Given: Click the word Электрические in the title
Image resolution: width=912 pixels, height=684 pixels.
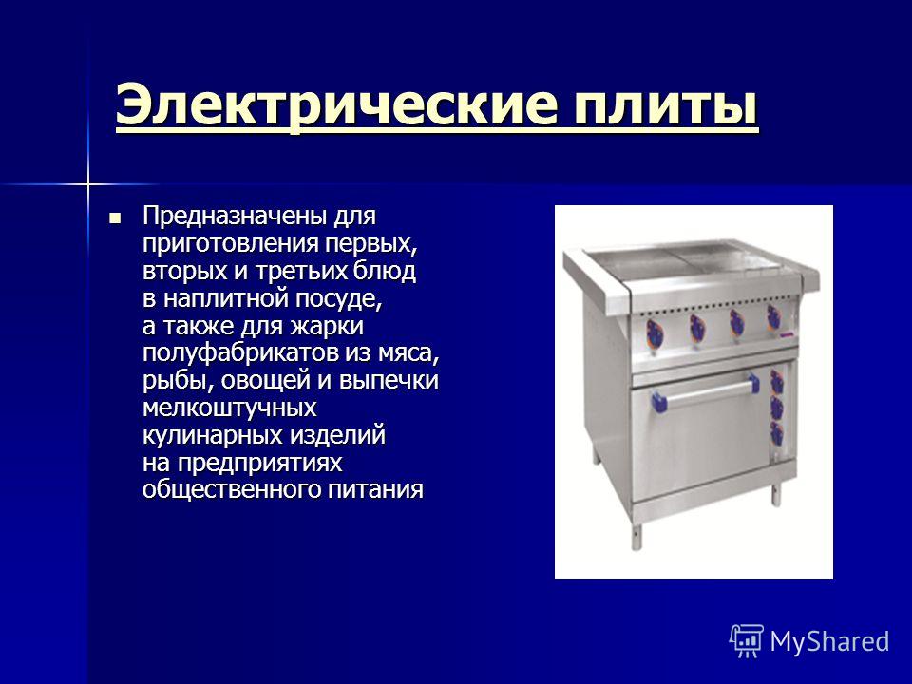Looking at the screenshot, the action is point(336,104).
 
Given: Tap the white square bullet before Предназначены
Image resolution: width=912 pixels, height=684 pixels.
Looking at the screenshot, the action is point(115,218).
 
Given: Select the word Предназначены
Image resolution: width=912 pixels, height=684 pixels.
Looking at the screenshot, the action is point(234,217).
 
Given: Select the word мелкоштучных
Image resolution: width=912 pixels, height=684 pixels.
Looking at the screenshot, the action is point(229,408).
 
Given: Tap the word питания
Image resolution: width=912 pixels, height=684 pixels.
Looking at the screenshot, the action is point(375,489).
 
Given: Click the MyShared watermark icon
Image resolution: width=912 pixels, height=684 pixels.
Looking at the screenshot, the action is point(747,641).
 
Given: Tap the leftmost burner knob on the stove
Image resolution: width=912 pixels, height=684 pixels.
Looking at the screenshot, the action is point(655,333).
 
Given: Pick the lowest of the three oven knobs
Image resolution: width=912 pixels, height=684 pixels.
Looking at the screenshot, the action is point(776,434).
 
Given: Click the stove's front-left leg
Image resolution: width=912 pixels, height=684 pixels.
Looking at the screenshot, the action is point(637,536).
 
